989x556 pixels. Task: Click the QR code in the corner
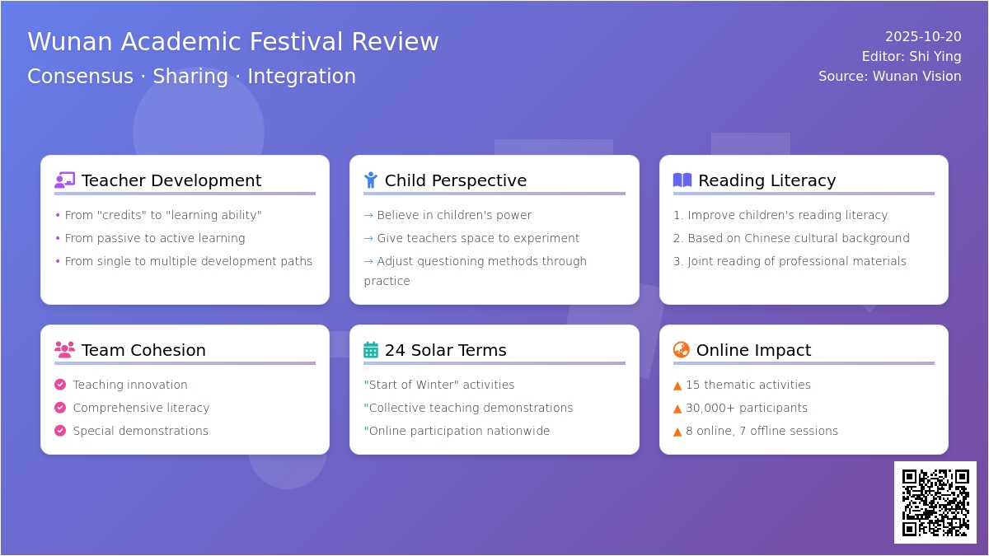[x=935, y=502]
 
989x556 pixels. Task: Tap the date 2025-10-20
[x=923, y=36]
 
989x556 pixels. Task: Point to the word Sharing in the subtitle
[x=190, y=77]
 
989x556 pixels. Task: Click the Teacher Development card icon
[x=64, y=180]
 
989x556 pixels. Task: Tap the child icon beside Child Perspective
[x=371, y=180]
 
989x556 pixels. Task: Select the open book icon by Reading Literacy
[x=682, y=180]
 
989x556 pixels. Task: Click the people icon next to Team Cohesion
[x=64, y=349]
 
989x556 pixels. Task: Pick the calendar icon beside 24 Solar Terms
[x=371, y=349]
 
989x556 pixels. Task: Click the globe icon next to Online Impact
[x=682, y=349]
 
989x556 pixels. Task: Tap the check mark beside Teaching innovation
[x=60, y=385]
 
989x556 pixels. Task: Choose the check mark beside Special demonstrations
[x=60, y=431]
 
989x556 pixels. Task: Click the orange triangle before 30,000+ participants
[x=677, y=409]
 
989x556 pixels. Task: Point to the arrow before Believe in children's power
[x=368, y=216]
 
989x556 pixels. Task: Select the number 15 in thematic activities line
[x=693, y=385]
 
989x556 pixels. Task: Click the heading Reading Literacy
[x=767, y=180]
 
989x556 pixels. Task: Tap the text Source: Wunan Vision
[x=889, y=77]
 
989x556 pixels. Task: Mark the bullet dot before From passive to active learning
[x=58, y=238]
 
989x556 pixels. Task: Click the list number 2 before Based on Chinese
[x=677, y=238]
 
